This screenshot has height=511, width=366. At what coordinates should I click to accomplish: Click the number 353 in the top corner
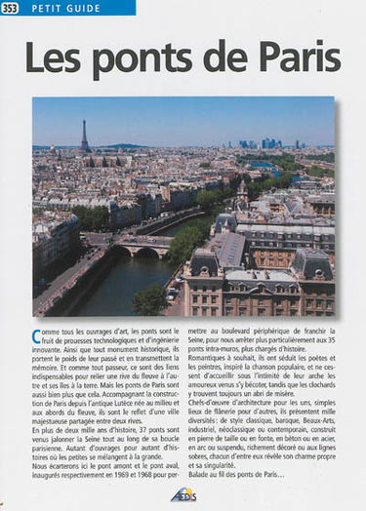pos(10,8)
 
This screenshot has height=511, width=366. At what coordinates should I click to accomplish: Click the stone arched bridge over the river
pos(142,250)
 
